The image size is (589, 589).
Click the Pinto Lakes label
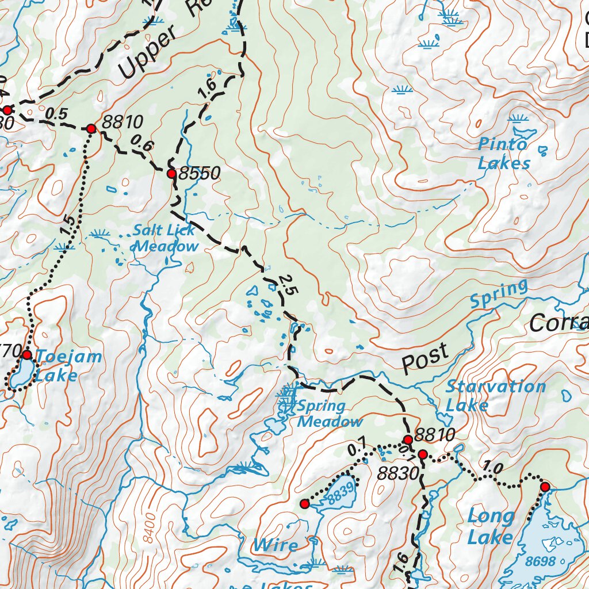(503, 154)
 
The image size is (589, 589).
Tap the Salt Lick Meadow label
(166, 239)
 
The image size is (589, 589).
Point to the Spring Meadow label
(329, 414)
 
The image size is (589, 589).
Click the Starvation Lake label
(495, 396)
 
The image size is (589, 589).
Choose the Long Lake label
(490, 526)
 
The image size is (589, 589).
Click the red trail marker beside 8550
(171, 173)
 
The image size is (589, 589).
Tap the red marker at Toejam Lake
(26, 354)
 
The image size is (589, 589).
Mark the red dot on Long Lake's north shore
(545, 487)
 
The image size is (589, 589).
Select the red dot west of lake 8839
(305, 504)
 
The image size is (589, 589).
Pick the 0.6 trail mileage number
(141, 143)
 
